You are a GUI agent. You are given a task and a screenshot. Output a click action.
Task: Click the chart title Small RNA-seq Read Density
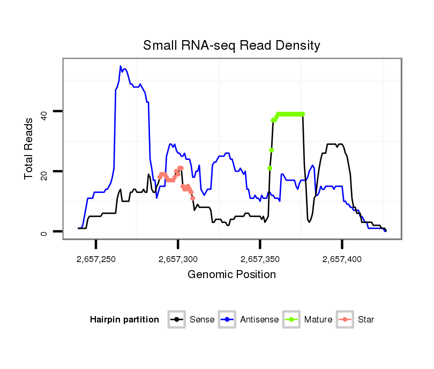(231, 45)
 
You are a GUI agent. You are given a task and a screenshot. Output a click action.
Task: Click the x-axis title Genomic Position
(231, 275)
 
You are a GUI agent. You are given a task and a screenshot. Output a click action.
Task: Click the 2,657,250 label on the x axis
(96, 259)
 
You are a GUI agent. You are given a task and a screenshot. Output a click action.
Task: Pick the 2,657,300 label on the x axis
(178, 259)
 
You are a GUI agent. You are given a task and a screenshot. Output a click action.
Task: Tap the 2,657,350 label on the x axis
(260, 259)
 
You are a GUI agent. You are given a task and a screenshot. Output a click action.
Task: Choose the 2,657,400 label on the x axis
(342, 259)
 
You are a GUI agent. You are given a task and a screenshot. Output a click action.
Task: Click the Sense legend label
(202, 320)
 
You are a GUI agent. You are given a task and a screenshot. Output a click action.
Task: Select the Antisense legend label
(259, 320)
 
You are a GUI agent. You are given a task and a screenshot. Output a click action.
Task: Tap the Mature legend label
(318, 320)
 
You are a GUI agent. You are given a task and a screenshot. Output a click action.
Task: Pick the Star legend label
(365, 320)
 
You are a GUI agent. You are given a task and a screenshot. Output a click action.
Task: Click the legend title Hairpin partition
(125, 320)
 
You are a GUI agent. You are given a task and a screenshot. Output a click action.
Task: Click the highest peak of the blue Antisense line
(121, 66)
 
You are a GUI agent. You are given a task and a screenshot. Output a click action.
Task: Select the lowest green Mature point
(270, 168)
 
